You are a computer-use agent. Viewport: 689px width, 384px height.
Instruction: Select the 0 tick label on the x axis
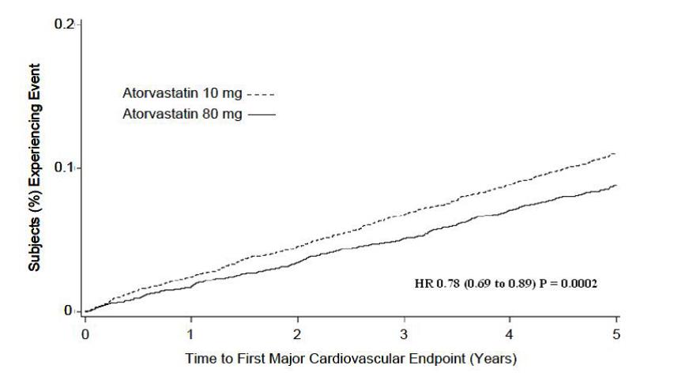click(85, 333)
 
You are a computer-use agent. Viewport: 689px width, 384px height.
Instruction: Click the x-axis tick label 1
click(191, 333)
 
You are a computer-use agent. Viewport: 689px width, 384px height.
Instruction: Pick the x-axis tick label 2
click(297, 333)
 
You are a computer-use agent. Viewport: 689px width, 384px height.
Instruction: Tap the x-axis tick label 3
click(404, 333)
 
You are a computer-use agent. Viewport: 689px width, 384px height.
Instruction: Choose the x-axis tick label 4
click(510, 333)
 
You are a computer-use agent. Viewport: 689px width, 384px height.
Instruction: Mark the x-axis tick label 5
click(616, 333)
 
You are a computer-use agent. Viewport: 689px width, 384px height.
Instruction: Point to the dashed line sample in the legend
click(262, 95)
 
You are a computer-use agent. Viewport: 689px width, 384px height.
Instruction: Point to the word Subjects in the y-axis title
click(36, 241)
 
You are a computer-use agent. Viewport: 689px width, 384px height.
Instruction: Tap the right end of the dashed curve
click(615, 153)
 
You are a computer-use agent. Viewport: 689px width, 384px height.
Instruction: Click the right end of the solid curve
click(615, 186)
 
